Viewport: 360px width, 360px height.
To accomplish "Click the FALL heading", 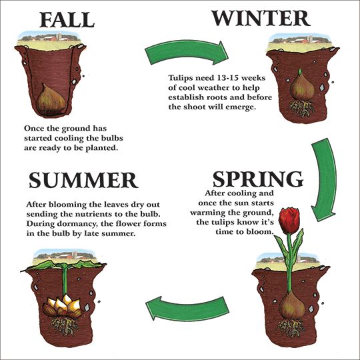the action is coord(67,20).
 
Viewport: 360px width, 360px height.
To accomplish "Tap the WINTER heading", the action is coord(261,18).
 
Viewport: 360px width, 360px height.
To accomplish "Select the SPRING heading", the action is coord(258,179).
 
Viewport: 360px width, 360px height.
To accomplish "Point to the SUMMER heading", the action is coord(83,180).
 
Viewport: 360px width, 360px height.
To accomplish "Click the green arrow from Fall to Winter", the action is coord(186,51).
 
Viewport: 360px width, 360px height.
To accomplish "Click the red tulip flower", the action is coord(290,220).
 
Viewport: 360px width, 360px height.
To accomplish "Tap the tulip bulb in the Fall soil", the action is coord(51,99).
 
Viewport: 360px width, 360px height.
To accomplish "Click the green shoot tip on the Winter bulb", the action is coord(299,71).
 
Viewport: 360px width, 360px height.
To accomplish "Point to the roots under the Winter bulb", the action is coord(302,108).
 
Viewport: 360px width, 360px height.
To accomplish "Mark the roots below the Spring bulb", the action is coord(291,328).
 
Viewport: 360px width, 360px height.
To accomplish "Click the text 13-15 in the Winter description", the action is coord(223,78).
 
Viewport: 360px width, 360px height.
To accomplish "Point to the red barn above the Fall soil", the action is coord(50,38).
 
